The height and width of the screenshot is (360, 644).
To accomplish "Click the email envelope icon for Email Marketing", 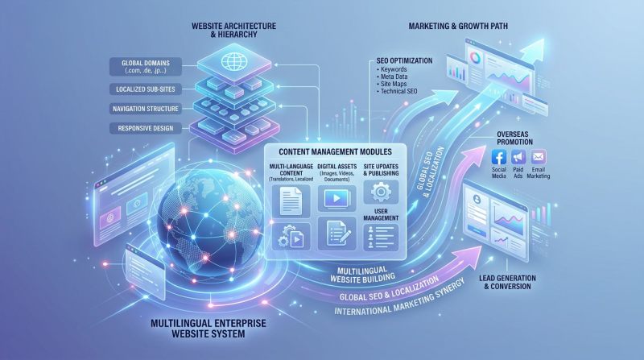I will tap(539, 157).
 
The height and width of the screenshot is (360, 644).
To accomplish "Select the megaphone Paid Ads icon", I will tap(518, 157).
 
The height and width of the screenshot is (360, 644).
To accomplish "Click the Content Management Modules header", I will tap(334, 151).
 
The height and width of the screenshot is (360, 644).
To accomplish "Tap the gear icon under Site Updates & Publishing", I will tap(379, 192).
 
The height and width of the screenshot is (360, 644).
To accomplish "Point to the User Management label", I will tap(379, 217).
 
